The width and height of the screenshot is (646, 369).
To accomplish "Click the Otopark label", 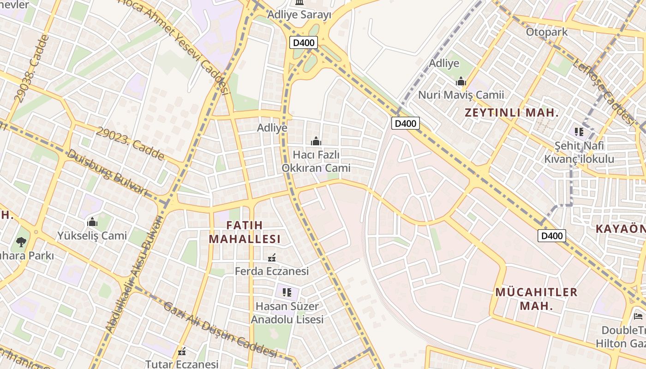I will tap(547, 32).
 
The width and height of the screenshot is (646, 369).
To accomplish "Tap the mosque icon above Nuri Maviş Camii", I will tap(461, 82).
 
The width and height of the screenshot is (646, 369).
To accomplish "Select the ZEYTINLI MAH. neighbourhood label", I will tap(512, 113).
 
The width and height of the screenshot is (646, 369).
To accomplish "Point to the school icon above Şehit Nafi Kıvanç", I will tap(579, 132).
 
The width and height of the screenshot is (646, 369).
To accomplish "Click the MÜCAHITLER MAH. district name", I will tap(536, 298).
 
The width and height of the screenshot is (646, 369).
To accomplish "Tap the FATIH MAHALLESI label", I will tap(245, 232).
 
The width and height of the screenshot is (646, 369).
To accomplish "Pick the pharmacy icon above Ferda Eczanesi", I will tap(272, 257).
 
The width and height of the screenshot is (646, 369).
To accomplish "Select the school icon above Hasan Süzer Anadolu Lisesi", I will tap(287, 292).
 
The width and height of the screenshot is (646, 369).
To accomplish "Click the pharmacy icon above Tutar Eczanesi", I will tap(182, 351).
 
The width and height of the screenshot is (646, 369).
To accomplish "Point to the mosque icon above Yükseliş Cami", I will tap(92, 222).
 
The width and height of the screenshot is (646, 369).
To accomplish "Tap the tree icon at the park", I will tap(21, 242).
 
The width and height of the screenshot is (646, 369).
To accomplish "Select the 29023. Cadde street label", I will tap(130, 144).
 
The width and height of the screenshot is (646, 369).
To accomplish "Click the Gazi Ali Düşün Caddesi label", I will tap(220, 330).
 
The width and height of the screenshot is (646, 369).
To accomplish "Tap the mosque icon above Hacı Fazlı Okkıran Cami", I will tap(316, 141).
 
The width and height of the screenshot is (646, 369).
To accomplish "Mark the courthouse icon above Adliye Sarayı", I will tap(299, 3).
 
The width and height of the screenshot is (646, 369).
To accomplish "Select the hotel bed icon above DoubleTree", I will tap(638, 316).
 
